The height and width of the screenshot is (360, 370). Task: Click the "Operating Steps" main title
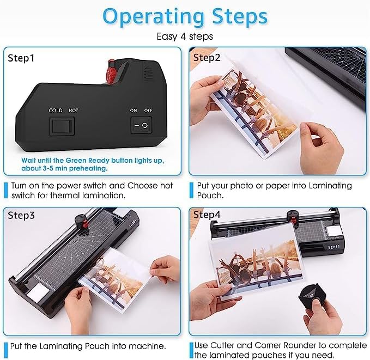(185, 16)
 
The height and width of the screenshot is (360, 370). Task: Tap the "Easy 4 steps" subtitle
(185, 36)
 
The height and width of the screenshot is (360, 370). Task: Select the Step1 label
(22, 57)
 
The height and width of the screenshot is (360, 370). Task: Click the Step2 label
(208, 57)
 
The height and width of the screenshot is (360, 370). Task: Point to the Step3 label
(22, 215)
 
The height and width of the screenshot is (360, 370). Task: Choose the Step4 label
(208, 215)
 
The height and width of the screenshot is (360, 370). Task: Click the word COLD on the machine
(55, 111)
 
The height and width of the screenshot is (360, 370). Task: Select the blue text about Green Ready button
(65, 164)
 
